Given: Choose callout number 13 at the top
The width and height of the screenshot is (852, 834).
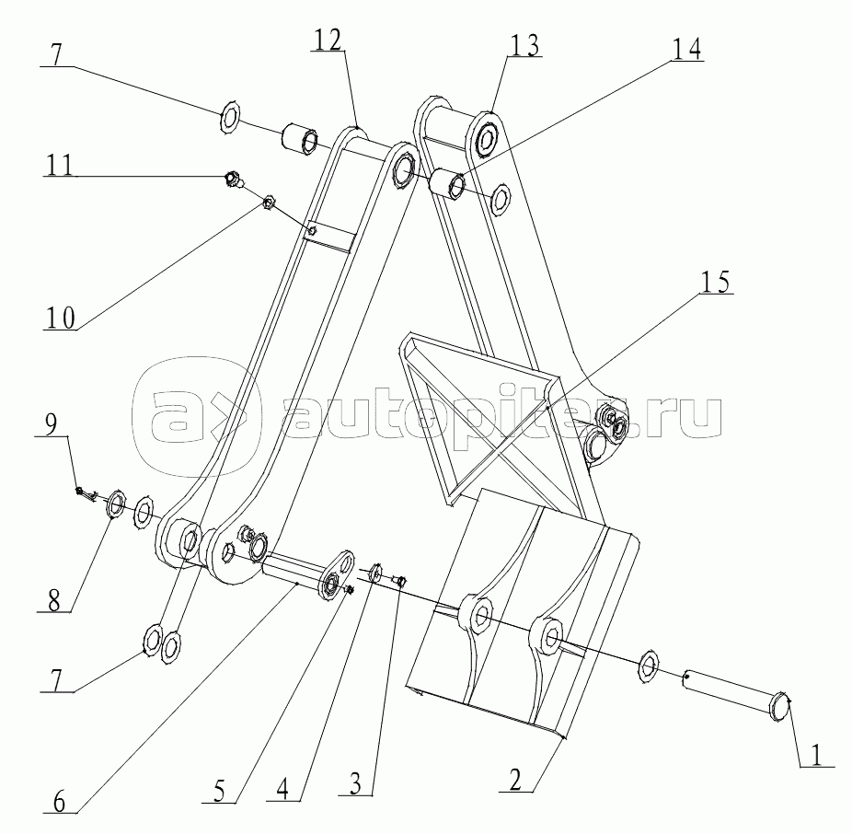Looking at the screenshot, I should point(524,43).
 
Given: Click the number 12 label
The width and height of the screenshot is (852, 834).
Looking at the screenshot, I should point(328,40).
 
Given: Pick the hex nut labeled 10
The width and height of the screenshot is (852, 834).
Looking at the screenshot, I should point(271,202).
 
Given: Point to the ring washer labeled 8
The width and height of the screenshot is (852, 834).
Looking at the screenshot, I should point(117,504).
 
